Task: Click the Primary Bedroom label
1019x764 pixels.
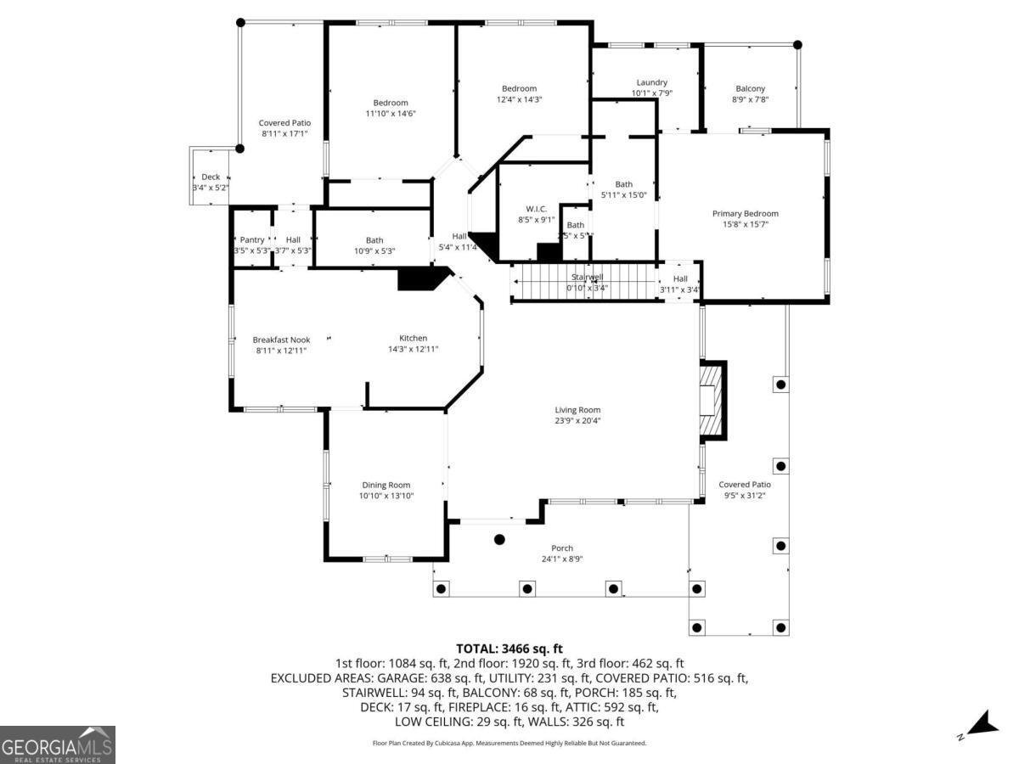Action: coord(745,214)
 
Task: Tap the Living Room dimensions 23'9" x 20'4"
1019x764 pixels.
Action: coord(577,421)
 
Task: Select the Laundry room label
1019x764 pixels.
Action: coord(651,82)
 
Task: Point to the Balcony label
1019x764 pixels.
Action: coord(750,88)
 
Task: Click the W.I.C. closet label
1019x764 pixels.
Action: coord(536,209)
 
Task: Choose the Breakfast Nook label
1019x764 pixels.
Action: coord(281,340)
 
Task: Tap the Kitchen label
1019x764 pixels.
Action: coord(414,338)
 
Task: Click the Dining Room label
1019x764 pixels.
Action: coord(386,486)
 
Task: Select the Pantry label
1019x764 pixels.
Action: coord(252,240)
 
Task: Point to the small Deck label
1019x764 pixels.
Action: coord(211,177)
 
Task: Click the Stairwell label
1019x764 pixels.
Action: coord(588,277)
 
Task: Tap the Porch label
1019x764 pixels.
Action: coord(562,548)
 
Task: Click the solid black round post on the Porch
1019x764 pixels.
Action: coord(499,539)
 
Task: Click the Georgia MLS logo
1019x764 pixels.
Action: coord(57,744)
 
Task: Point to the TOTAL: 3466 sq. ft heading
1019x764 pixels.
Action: coord(509,649)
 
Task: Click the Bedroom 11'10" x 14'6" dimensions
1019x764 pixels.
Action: coord(391,113)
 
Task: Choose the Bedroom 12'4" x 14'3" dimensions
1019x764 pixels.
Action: coord(519,99)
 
